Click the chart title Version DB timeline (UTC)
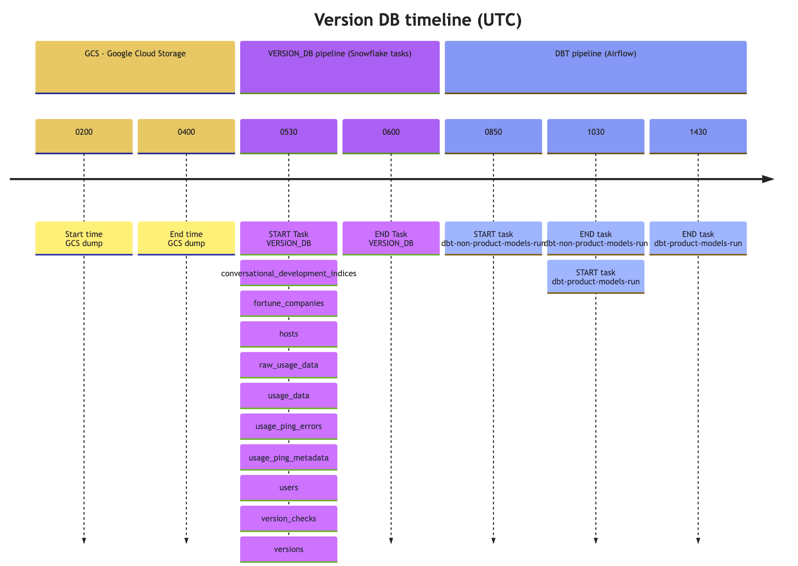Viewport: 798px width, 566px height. pyautogui.click(x=417, y=20)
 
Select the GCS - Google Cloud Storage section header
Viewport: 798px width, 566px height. pyautogui.click(x=135, y=67)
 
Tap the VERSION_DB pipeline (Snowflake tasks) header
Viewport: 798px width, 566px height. pyautogui.click(x=340, y=67)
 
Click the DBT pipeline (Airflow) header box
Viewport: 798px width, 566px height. pyautogui.click(x=595, y=67)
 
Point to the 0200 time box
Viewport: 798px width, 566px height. pyautogui.click(x=84, y=136)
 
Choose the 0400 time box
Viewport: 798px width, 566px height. pyautogui.click(x=186, y=136)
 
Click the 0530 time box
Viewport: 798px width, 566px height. pyautogui.click(x=289, y=136)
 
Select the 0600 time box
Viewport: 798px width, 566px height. pyautogui.click(x=391, y=136)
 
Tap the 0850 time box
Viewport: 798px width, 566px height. pyautogui.click(x=493, y=136)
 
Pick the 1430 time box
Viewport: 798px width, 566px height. pyautogui.click(x=698, y=136)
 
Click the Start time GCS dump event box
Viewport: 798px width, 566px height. pyautogui.click(x=84, y=238)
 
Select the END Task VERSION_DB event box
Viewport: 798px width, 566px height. pyautogui.click(x=391, y=238)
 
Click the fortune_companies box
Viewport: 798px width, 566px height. pyautogui.click(x=289, y=303)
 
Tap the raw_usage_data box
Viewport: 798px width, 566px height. pyautogui.click(x=289, y=365)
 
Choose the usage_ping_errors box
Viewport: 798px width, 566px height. pyautogui.click(x=289, y=426)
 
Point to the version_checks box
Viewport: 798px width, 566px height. pyautogui.click(x=289, y=518)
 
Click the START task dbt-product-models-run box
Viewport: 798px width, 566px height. pyautogui.click(x=595, y=277)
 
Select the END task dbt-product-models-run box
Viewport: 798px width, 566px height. pyautogui.click(x=698, y=238)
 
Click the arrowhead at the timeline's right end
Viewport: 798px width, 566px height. pyautogui.click(x=768, y=179)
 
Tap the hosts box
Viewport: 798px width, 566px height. pyautogui.click(x=289, y=334)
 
